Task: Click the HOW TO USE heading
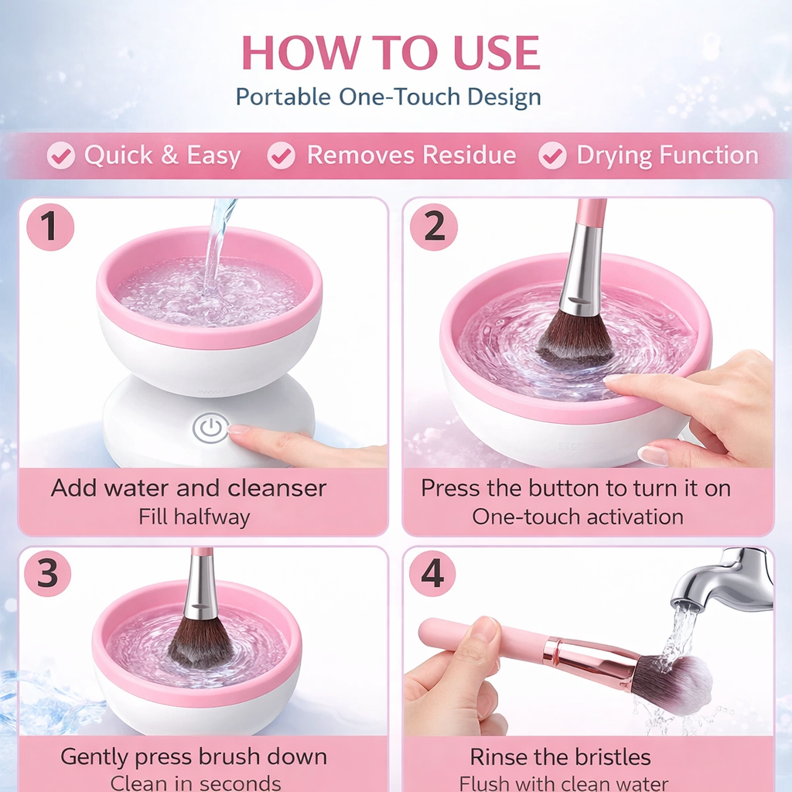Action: point(391,53)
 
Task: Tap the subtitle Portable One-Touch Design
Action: point(388,97)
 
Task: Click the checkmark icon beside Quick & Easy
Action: point(60,155)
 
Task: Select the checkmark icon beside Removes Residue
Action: point(282,155)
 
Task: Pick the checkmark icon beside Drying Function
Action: point(552,155)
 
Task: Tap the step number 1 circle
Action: point(50,227)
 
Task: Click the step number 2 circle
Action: point(434,227)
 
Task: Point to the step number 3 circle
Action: point(47,574)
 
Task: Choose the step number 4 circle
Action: point(432,574)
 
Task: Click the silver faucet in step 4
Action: point(723,580)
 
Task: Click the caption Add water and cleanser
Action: point(189,488)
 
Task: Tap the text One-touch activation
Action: point(578,517)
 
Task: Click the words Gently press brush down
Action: point(193,756)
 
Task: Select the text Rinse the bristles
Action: point(561,756)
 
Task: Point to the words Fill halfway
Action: point(194,517)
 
